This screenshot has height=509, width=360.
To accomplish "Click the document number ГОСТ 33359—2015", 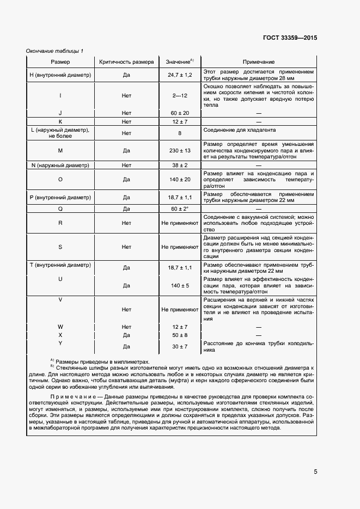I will (x=291, y=38).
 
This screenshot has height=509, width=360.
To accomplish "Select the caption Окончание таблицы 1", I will (x=54, y=51).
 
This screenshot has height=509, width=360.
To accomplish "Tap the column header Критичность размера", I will (x=126, y=62).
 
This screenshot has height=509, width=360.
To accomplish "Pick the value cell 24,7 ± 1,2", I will (x=180, y=75).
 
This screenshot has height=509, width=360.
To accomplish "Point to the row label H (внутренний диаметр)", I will (x=60, y=75).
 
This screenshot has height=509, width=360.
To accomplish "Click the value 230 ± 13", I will (x=180, y=150).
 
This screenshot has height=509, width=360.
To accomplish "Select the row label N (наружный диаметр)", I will (x=60, y=165).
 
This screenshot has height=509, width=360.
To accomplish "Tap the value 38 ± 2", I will (x=180, y=165).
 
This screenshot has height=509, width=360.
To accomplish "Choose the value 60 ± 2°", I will (x=180, y=209).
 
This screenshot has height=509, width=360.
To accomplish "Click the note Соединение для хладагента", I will (x=239, y=131).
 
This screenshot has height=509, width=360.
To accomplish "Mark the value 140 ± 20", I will (x=180, y=179).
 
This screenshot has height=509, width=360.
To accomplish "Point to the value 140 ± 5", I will (x=180, y=285).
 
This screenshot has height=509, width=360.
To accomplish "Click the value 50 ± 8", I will (x=180, y=335).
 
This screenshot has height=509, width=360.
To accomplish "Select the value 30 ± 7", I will (x=180, y=347).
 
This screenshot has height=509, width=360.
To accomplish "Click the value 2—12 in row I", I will (x=180, y=96).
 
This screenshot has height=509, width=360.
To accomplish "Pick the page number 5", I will (x=315, y=472).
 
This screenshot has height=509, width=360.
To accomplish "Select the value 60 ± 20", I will (x=180, y=113).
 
